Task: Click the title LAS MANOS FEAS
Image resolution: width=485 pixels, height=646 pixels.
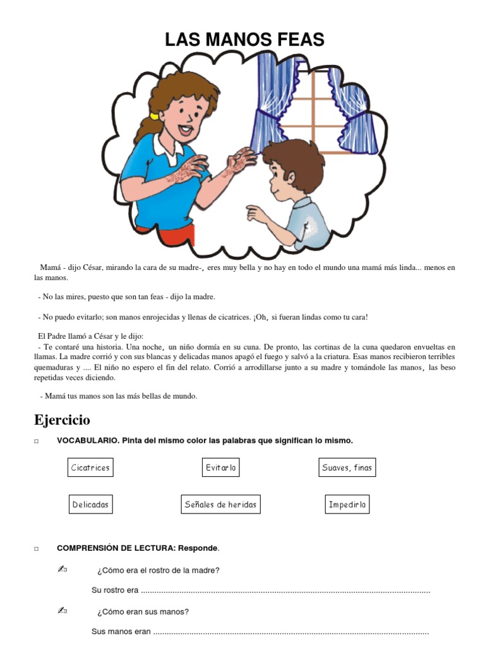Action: [x=244, y=40]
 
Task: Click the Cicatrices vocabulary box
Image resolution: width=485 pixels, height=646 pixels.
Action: [x=90, y=467]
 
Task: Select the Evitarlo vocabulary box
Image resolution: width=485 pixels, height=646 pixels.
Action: [x=221, y=467]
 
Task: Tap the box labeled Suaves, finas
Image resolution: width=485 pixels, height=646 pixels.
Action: [x=347, y=467]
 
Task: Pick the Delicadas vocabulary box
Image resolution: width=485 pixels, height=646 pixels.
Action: [x=90, y=505]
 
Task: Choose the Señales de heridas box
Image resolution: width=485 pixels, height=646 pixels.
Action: [x=220, y=505]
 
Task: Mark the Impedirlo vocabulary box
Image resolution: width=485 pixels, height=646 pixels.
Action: [x=347, y=505]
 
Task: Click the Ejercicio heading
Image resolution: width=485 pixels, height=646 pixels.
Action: [x=62, y=420]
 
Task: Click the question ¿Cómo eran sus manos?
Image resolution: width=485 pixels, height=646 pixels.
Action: [x=143, y=611]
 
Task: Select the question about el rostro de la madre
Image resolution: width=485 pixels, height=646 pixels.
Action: [x=158, y=570]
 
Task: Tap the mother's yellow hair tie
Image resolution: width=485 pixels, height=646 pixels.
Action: [x=153, y=117]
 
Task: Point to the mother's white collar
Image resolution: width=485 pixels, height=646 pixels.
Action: [x=174, y=146]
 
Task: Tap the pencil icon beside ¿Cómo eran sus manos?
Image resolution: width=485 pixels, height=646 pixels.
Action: [x=63, y=611]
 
